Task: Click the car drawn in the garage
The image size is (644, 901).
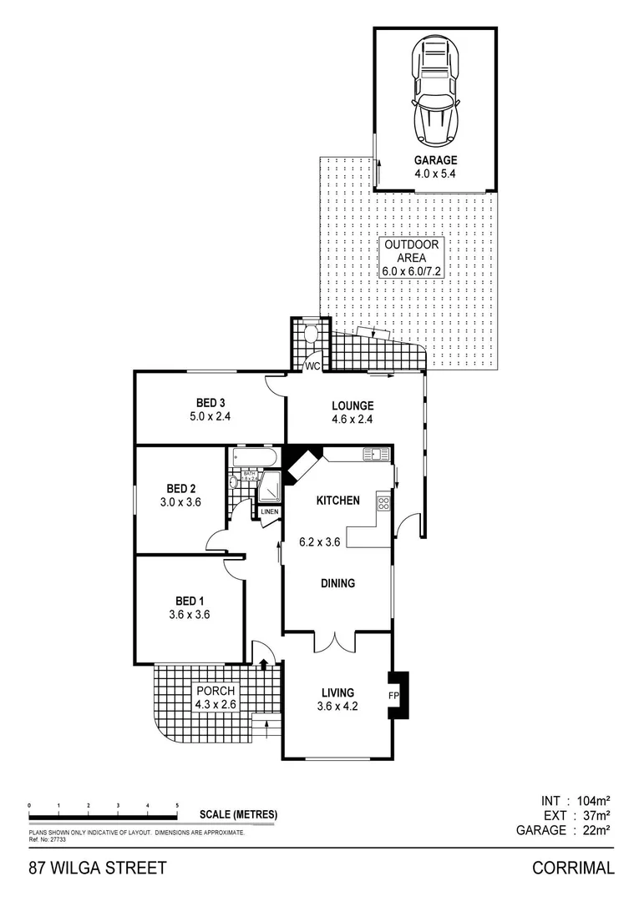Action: (435, 93)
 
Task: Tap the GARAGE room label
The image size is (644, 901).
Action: (435, 160)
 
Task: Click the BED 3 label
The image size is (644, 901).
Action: (210, 404)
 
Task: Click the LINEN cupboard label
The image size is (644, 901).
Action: (269, 511)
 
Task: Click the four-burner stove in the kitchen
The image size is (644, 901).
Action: (384, 503)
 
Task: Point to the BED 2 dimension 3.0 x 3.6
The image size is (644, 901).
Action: (180, 502)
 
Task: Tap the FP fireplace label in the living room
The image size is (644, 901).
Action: (393, 695)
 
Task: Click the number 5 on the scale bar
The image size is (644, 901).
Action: (177, 805)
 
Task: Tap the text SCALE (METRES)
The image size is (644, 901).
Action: (238, 815)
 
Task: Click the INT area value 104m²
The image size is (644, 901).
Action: (592, 800)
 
